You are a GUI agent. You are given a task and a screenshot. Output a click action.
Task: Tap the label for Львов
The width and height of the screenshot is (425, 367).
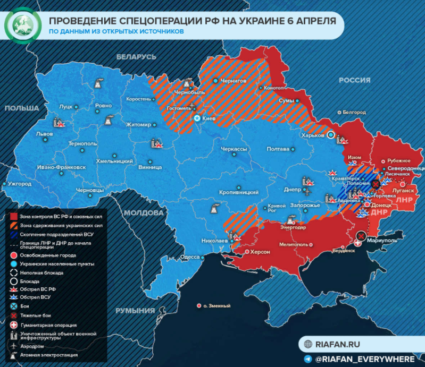(44, 134)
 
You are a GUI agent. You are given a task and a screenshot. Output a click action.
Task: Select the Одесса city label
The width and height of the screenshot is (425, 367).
(190, 257)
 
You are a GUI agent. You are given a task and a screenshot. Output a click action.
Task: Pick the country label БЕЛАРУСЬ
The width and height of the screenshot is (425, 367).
(136, 57)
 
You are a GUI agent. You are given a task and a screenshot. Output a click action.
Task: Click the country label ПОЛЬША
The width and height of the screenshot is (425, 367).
(22, 108)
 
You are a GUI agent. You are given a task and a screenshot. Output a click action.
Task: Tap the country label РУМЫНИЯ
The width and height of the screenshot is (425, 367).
(131, 311)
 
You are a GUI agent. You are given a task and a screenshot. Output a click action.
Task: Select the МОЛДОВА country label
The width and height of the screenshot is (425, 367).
(144, 212)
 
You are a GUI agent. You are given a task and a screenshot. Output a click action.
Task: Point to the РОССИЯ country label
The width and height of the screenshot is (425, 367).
(355, 80)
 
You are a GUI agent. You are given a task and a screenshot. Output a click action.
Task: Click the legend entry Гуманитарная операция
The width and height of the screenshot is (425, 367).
(48, 325)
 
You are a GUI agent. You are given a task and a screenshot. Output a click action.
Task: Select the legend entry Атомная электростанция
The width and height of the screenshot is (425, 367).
(49, 355)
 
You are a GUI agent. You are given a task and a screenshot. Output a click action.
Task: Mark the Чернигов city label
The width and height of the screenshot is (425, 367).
(234, 81)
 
